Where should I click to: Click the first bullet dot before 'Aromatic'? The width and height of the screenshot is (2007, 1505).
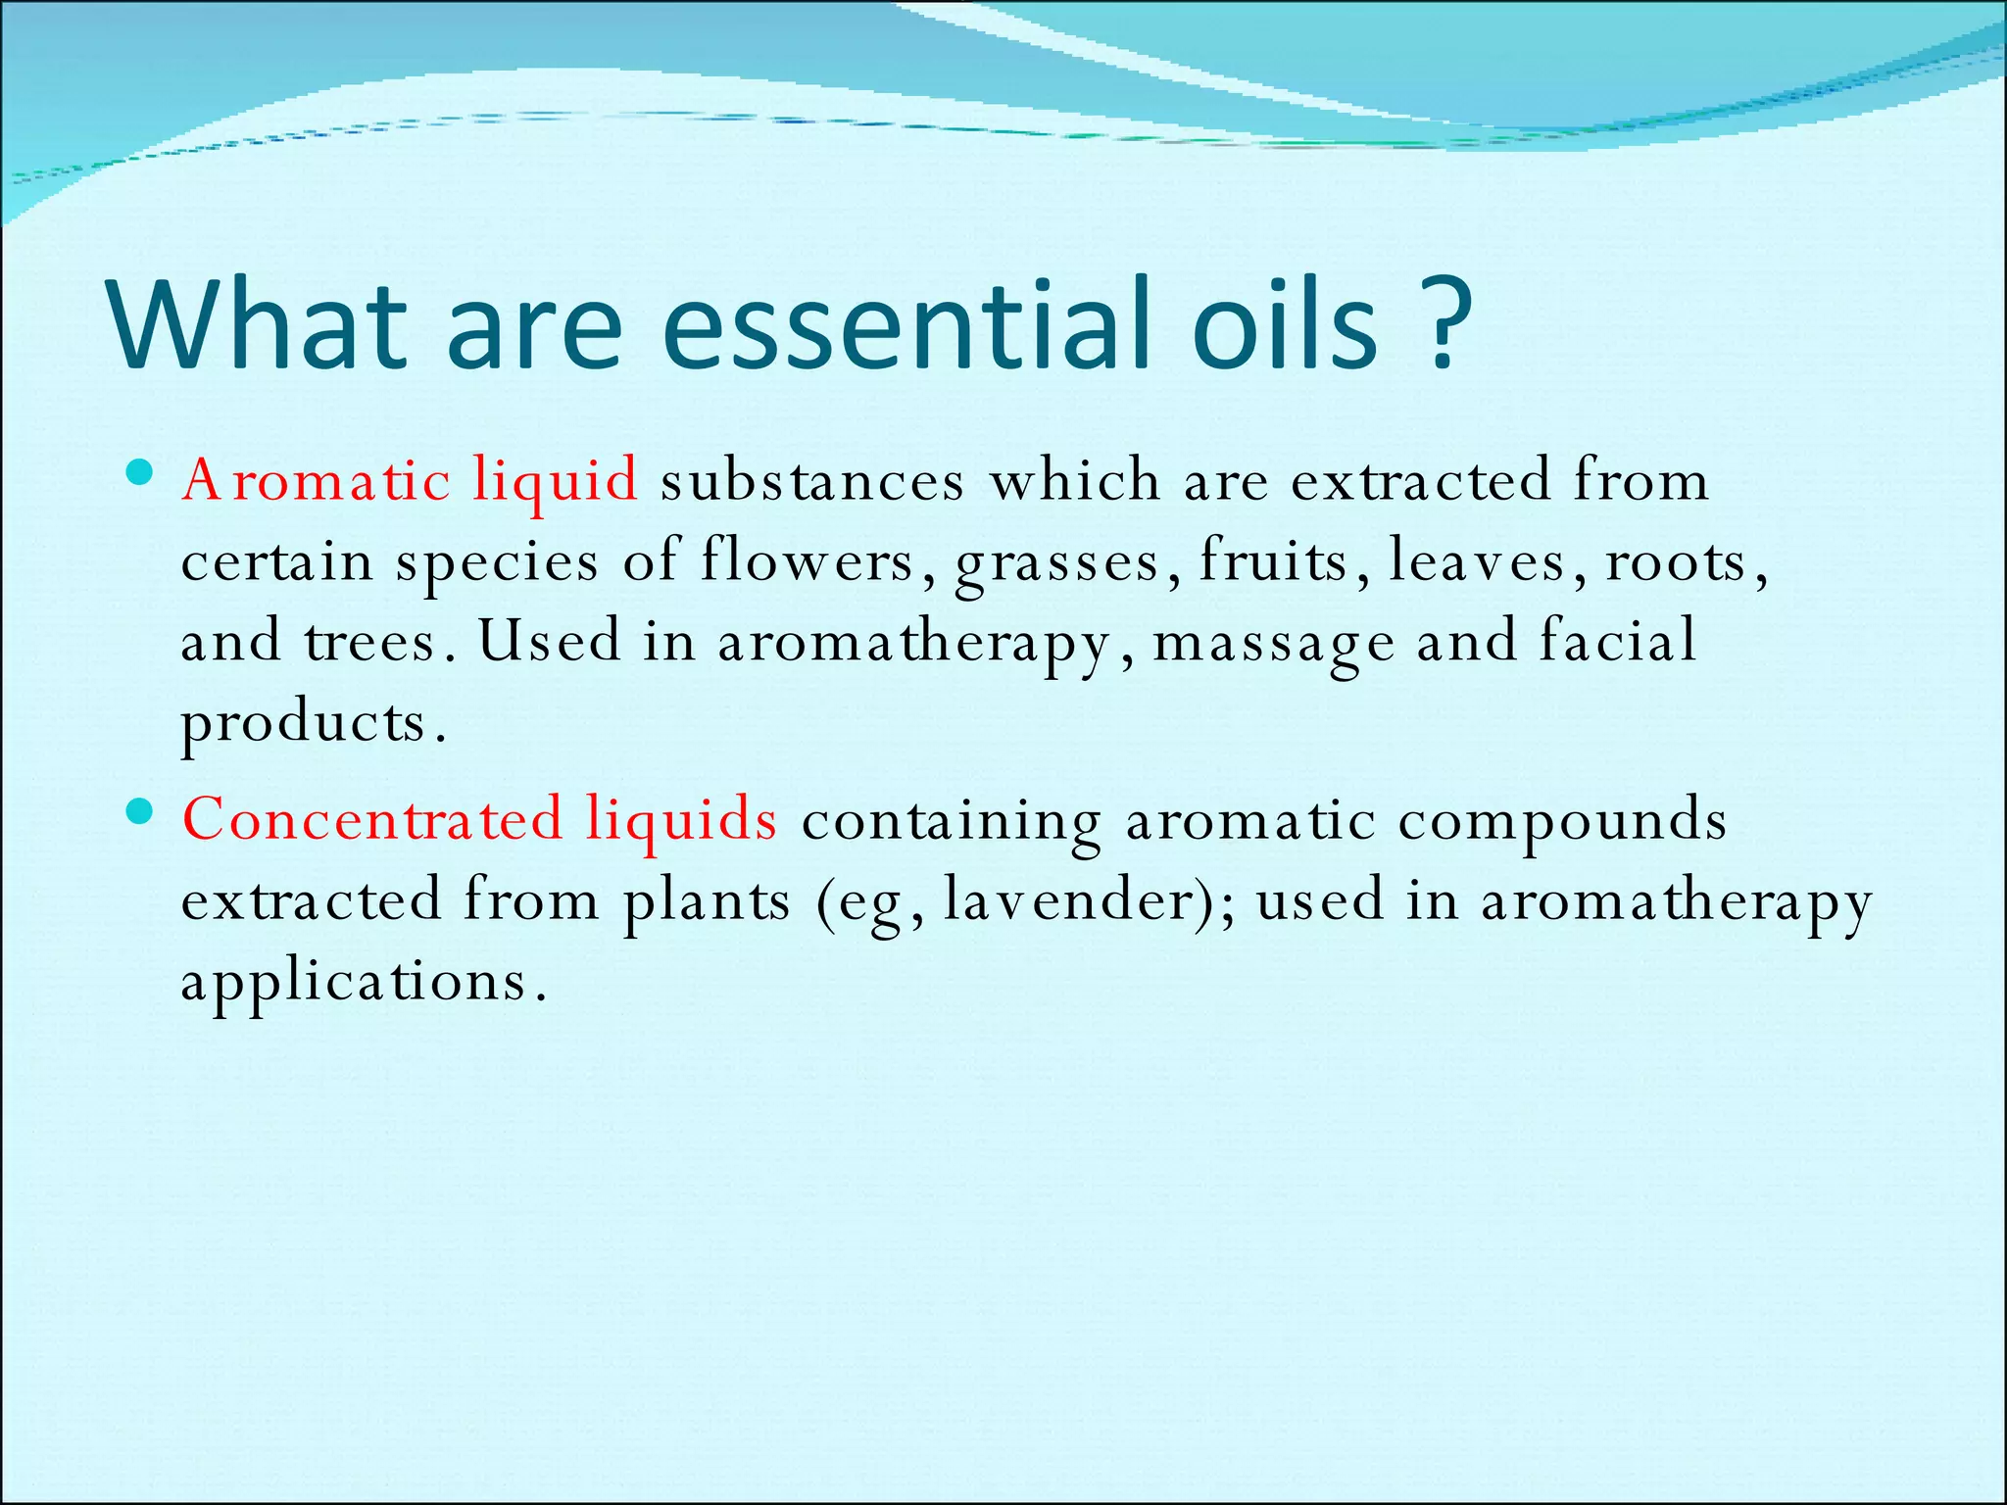140,474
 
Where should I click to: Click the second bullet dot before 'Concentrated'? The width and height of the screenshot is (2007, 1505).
140,811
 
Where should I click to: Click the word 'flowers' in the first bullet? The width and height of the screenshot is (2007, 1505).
807,561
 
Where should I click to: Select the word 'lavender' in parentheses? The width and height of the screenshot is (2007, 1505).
1066,899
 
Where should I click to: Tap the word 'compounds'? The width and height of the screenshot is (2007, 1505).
1561,819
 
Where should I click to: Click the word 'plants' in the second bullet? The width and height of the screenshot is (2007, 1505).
706,899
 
